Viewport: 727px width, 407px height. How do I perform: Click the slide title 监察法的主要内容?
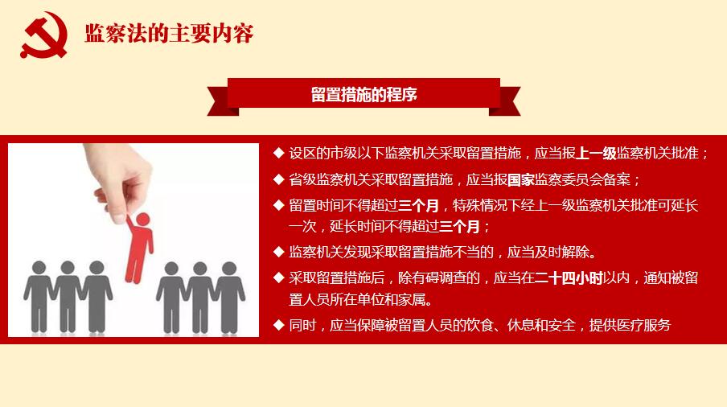(169, 35)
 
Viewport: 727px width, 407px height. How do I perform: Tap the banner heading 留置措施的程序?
(363, 95)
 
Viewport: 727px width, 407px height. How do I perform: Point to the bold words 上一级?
(595, 154)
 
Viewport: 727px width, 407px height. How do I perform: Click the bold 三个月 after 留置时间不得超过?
(420, 205)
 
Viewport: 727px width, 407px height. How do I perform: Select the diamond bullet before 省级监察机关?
(278, 179)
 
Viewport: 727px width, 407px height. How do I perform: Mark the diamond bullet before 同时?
(278, 325)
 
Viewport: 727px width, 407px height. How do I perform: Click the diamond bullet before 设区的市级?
(278, 153)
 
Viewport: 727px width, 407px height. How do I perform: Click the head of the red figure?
(142, 220)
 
